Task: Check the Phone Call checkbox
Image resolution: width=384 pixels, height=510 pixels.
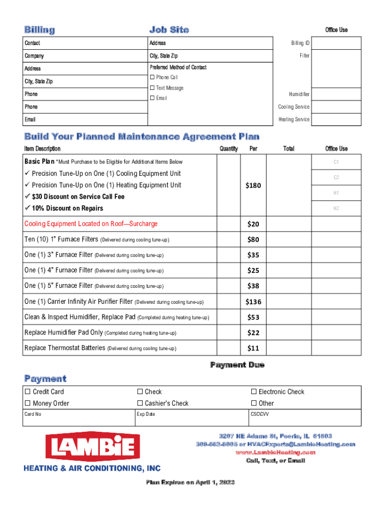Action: [x=152, y=78]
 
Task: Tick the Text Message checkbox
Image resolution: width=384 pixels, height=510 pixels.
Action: [x=152, y=88]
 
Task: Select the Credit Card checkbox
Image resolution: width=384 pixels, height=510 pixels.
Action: [x=28, y=392]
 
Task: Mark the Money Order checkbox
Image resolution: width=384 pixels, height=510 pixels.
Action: [x=28, y=403]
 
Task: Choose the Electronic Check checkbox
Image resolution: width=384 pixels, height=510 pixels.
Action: [x=254, y=392]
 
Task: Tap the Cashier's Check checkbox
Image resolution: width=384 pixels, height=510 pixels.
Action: [x=140, y=403]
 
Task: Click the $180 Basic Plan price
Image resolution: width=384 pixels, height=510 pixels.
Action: [x=253, y=186]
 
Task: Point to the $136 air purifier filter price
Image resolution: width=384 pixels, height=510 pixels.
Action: [x=253, y=302]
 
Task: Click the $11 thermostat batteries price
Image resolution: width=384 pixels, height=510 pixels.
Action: [x=253, y=348]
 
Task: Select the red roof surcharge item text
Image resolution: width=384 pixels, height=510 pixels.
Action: [x=91, y=224]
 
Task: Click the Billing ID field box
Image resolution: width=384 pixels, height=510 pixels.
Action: [x=336, y=43]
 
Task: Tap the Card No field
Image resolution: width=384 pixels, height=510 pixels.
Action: [x=79, y=418]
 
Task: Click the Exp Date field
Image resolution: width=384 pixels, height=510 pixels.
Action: [x=192, y=418]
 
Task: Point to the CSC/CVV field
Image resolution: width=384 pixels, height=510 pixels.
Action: [x=304, y=418]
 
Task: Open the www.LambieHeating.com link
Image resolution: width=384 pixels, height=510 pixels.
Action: [x=275, y=452]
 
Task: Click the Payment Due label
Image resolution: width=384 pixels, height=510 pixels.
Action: [x=237, y=365]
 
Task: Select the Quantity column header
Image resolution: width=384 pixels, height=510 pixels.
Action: [x=228, y=149]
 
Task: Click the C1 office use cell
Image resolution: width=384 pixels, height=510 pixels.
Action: [x=336, y=162]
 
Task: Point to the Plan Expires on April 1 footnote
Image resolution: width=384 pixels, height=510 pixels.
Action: [x=190, y=483]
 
